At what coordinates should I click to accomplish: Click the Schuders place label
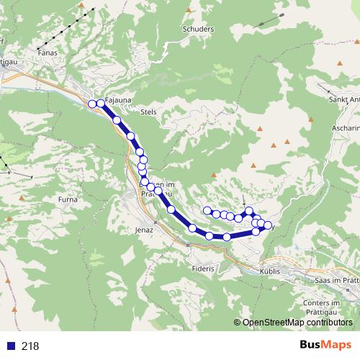click(x=199, y=30)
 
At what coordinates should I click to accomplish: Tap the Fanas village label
click(x=48, y=52)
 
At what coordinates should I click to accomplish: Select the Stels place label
click(x=149, y=112)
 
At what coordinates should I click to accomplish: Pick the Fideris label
click(x=204, y=269)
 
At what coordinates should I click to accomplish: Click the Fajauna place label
click(x=117, y=101)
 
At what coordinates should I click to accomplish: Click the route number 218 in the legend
click(x=30, y=346)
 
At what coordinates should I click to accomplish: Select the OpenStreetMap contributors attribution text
click(x=297, y=323)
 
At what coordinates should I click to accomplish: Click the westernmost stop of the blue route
click(x=92, y=104)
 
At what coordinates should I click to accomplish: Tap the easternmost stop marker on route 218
click(x=268, y=225)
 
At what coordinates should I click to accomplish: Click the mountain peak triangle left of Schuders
click(x=189, y=9)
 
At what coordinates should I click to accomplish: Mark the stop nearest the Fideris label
click(x=210, y=235)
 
